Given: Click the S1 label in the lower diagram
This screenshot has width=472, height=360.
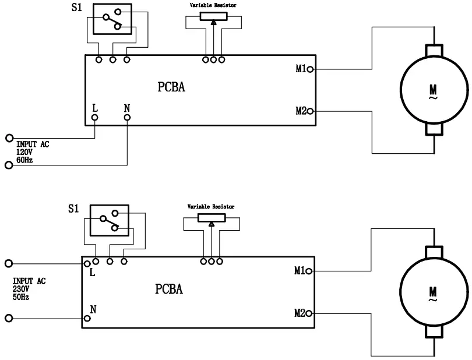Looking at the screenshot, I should [73, 209].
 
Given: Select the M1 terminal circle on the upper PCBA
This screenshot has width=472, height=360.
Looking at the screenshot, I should [311, 70].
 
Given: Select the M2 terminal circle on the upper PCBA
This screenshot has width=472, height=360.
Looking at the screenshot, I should [311, 111].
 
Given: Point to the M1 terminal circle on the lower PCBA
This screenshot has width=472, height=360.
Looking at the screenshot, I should [309, 271].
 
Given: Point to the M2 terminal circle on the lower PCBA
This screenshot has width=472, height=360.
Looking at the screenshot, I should [309, 313].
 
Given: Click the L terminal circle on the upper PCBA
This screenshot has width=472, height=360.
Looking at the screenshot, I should [95, 118].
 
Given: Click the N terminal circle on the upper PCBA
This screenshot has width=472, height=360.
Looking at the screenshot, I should [127, 118].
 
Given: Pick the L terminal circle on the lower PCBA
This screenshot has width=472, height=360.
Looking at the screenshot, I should [87, 264].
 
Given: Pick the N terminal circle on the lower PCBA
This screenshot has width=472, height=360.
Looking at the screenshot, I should [87, 318].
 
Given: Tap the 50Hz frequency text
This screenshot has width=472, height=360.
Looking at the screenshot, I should [22, 297].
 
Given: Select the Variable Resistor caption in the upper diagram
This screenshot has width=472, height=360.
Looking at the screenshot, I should [213, 5].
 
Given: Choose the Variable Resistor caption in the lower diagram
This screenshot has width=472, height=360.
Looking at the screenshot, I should [210, 207].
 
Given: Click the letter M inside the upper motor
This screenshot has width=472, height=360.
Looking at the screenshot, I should [434, 89].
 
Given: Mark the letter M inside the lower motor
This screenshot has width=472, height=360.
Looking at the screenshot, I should [433, 290].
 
